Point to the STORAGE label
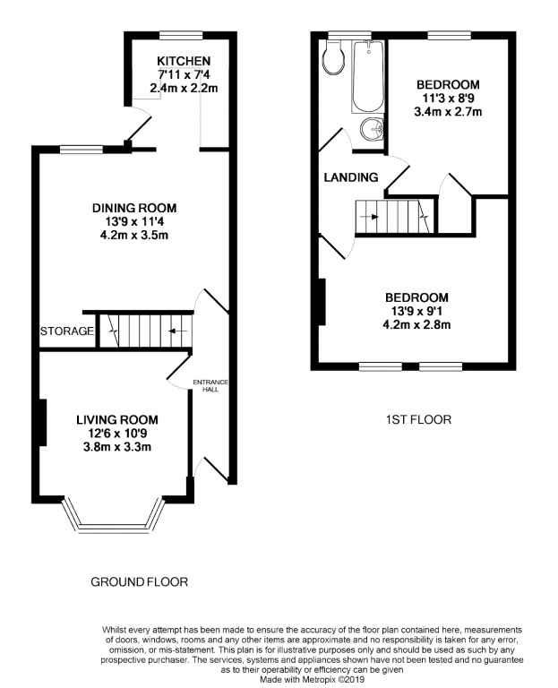[67, 331]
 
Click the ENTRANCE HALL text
[210, 386]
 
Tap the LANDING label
[350, 177]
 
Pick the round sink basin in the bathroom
[372, 132]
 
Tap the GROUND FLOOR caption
[140, 581]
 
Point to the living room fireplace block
[41, 420]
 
